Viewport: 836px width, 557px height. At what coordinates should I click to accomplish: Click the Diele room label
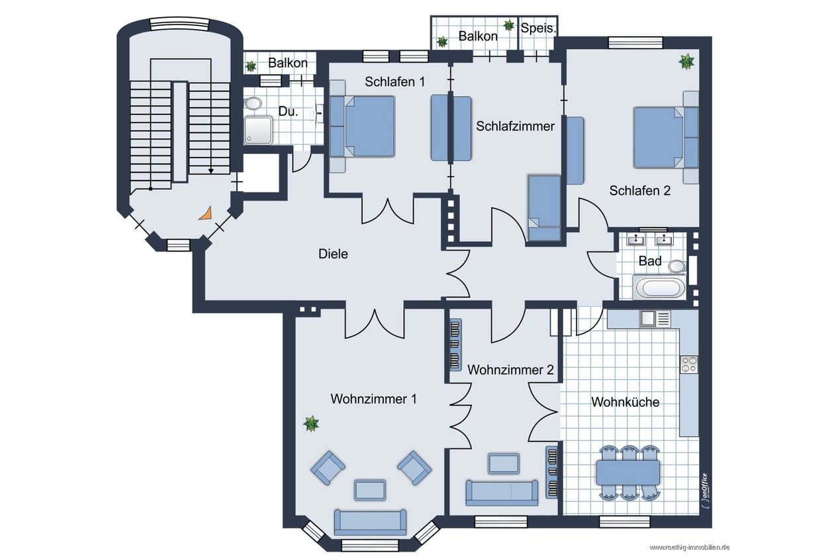coord(333,254)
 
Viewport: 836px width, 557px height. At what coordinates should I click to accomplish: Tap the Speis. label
coord(538,28)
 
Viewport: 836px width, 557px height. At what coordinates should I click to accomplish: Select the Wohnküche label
coord(625,402)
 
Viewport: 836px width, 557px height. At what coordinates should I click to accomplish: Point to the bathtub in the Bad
coord(659,288)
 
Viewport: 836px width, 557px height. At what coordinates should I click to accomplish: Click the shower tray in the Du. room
coord(258,130)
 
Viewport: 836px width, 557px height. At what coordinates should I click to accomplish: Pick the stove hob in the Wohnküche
coord(689,364)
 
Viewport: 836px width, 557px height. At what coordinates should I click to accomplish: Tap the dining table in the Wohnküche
coord(628,472)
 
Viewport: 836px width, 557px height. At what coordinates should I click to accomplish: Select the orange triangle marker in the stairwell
coord(206,214)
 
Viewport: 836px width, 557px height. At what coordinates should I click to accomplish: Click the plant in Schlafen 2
coord(686,62)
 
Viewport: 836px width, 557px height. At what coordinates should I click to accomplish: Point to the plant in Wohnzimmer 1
coord(311,424)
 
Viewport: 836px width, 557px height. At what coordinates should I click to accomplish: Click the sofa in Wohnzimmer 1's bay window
coord(370,523)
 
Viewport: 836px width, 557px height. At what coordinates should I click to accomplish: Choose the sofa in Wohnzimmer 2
coord(502,493)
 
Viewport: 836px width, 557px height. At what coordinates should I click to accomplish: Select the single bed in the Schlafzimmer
coord(545,208)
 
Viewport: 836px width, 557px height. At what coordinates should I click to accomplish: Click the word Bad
coord(650,261)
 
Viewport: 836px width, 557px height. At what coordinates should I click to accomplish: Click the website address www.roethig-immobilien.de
coord(690,548)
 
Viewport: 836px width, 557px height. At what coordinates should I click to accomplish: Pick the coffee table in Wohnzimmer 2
coord(504,463)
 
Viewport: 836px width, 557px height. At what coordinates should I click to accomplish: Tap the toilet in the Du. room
coord(254,103)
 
